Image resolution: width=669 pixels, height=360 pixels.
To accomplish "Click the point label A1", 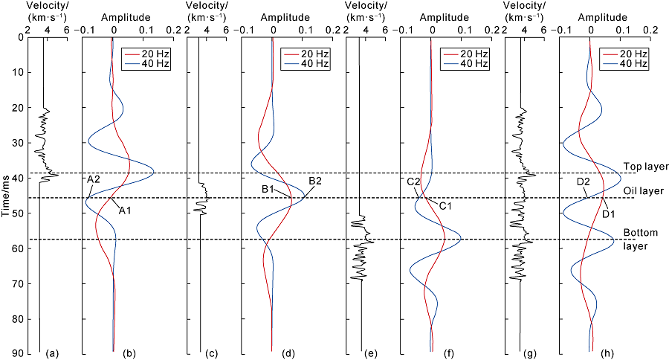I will click(125, 210).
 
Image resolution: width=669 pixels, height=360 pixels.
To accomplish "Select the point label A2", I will click(94, 179).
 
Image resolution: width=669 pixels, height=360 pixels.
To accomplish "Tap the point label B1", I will click(268, 190).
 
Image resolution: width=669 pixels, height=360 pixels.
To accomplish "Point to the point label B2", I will click(314, 181).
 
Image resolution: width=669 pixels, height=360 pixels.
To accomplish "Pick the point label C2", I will click(414, 181).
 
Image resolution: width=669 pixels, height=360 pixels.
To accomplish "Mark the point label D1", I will click(610, 215).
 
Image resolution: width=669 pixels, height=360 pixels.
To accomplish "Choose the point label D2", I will click(584, 181).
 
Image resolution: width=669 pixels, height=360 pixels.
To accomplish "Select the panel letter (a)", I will click(51, 352).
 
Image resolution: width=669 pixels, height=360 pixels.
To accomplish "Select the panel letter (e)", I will click(372, 352).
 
